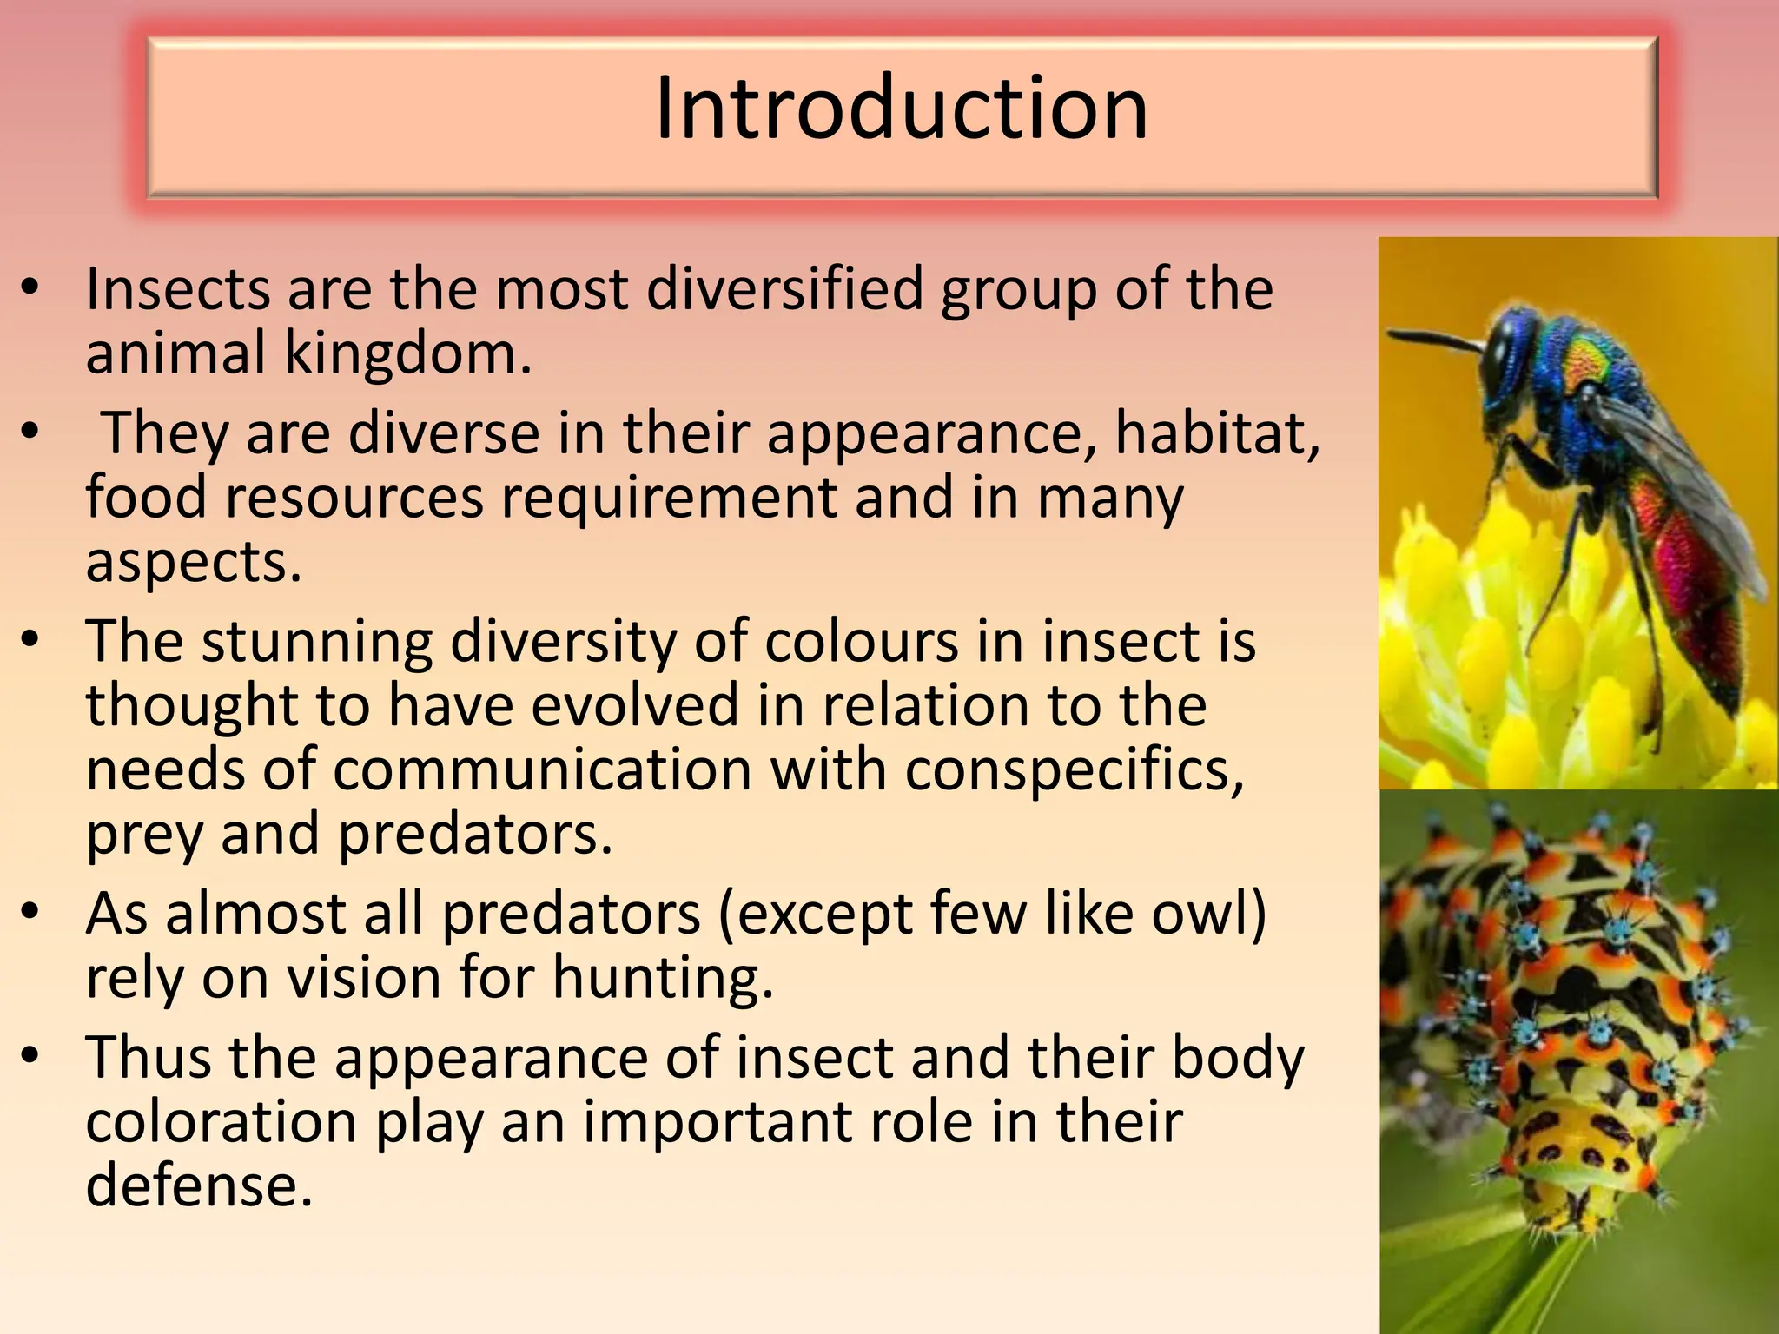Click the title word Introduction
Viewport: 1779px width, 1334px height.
(901, 109)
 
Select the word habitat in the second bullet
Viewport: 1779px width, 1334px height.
(1216, 433)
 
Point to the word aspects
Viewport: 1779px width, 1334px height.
(193, 563)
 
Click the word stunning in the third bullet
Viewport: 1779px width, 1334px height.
(317, 641)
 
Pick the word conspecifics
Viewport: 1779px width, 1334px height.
(1075, 770)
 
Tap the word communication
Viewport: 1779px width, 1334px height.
(542, 770)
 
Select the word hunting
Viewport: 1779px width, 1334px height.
(662, 978)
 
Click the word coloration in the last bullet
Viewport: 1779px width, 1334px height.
(222, 1121)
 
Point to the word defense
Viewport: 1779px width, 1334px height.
(198, 1185)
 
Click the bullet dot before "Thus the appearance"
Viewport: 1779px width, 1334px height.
(31, 1056)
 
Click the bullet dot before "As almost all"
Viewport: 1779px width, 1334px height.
(31, 912)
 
